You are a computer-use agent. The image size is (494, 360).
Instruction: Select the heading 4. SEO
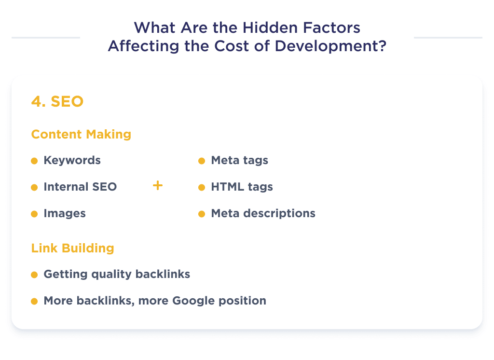[x=57, y=102]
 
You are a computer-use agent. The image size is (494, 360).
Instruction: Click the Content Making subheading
[x=81, y=134]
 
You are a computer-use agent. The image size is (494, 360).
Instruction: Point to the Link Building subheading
[x=73, y=249]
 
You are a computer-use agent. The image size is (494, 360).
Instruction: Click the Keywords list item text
[x=72, y=161]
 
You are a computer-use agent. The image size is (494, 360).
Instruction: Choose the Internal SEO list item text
[x=80, y=187]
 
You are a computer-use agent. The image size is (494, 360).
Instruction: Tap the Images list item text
[x=65, y=213]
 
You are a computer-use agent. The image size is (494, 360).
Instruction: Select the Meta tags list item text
[x=239, y=161]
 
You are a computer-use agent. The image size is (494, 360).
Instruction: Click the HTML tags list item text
[x=242, y=187]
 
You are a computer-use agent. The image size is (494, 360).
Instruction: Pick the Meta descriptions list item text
[x=263, y=213]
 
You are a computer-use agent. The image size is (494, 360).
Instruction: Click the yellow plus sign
[x=157, y=186]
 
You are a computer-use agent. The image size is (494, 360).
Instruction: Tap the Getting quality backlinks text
[x=117, y=275]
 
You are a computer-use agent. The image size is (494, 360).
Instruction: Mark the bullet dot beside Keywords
[x=34, y=161]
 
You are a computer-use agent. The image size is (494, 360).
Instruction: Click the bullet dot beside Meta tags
[x=202, y=161]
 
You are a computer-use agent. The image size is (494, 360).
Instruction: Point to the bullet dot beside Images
[x=34, y=214]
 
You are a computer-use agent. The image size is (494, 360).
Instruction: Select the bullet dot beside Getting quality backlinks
[x=34, y=275]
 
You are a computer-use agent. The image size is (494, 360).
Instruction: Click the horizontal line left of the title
[x=46, y=38]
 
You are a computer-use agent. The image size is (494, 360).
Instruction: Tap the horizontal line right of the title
[x=448, y=38]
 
